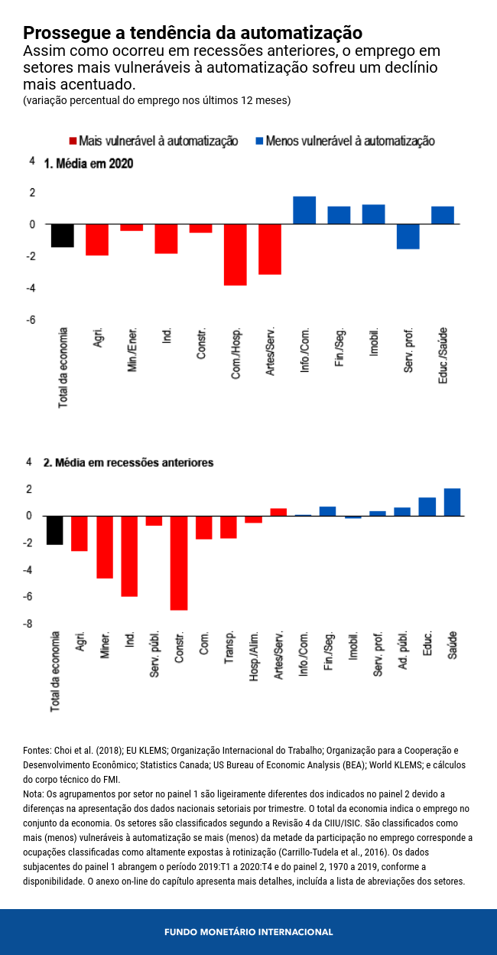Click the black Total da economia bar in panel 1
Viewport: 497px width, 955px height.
[x=62, y=236]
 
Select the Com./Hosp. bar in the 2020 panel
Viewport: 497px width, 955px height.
[x=235, y=254]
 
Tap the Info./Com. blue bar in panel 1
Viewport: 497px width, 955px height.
[x=304, y=210]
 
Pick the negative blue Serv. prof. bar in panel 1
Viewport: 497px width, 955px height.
[x=408, y=236]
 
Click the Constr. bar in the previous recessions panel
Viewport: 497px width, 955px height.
[x=179, y=562]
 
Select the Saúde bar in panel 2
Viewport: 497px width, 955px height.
[x=452, y=502]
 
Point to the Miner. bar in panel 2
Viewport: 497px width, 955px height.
[x=104, y=546]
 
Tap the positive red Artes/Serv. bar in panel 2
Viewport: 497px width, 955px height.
[x=278, y=512]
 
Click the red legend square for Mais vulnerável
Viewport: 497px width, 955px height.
[x=73, y=142]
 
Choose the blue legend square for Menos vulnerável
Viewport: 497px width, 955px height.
[x=259, y=142]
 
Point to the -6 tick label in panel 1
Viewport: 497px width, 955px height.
[x=32, y=320]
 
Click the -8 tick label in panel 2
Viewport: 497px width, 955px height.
[x=28, y=624]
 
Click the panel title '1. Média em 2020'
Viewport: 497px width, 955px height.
[x=89, y=163]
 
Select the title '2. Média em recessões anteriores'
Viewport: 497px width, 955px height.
[x=128, y=463]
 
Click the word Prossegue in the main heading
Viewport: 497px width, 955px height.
[x=62, y=33]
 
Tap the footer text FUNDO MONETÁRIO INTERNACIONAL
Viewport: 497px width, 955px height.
[x=248, y=932]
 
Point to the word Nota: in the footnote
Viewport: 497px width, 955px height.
[x=34, y=794]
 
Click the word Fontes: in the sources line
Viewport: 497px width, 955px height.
[x=37, y=751]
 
